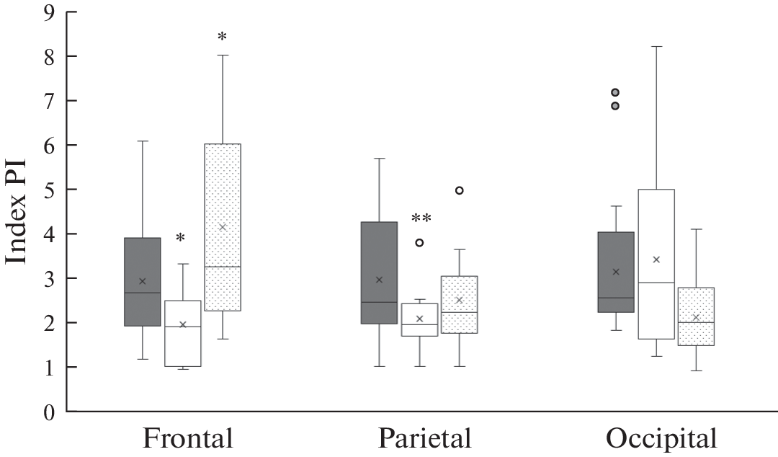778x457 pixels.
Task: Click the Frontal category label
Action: click(187, 439)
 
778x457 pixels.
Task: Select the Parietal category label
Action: click(424, 439)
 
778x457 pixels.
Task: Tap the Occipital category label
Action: click(661, 439)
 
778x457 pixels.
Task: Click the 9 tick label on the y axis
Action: click(49, 12)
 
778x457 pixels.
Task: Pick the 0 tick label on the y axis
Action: click(49, 412)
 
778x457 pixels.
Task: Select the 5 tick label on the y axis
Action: click(49, 190)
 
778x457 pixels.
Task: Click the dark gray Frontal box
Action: click(143, 282)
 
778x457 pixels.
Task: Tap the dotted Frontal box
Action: click(222, 227)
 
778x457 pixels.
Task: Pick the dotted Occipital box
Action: click(696, 316)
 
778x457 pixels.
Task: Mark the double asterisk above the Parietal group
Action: click(421, 218)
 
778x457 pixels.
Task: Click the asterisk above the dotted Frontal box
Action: click(222, 37)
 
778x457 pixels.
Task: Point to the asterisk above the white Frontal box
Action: click(181, 238)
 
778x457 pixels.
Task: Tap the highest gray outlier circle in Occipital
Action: click(615, 92)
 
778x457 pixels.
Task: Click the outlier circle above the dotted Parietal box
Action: click(459, 190)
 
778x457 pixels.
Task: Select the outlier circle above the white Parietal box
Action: click(419, 243)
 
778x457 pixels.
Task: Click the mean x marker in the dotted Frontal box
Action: click(222, 227)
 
